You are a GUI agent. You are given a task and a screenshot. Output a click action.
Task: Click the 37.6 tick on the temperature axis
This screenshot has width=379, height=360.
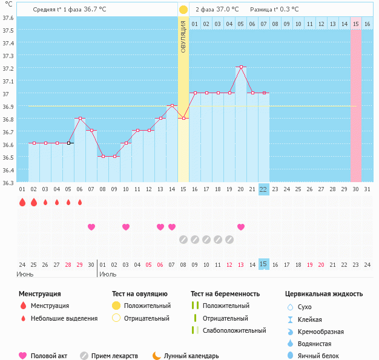[8, 17]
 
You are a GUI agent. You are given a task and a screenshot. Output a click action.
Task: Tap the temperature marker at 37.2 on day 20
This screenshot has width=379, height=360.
[241, 67]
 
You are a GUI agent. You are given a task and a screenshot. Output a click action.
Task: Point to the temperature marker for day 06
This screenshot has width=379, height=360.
[80, 118]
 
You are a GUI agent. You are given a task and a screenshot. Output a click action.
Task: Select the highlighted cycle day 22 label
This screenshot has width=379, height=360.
[263, 189]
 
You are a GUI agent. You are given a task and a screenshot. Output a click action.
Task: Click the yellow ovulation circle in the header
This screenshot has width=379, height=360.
[183, 10]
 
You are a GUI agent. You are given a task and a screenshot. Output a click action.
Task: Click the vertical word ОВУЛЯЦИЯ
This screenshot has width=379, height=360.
[183, 36]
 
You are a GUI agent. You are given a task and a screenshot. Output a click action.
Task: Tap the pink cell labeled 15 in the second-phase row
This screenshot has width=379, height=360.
[356, 24]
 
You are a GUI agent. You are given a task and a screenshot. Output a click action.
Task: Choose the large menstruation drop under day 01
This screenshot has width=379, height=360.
[22, 202]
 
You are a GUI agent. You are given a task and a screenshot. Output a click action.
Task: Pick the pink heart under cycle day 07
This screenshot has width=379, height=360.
[91, 227]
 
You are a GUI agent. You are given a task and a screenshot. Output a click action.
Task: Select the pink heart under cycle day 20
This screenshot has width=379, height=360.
[241, 227]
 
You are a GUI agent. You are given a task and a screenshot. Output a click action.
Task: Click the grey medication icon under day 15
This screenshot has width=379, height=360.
[183, 240]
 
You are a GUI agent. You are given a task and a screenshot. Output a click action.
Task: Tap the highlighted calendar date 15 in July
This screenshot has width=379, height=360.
[263, 264]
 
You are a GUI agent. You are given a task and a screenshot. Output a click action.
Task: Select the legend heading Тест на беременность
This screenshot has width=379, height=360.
[225, 293]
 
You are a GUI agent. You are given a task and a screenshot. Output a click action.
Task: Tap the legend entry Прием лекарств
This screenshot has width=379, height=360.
[114, 356]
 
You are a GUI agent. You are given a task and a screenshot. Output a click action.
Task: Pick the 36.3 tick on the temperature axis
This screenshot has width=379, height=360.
[8, 183]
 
